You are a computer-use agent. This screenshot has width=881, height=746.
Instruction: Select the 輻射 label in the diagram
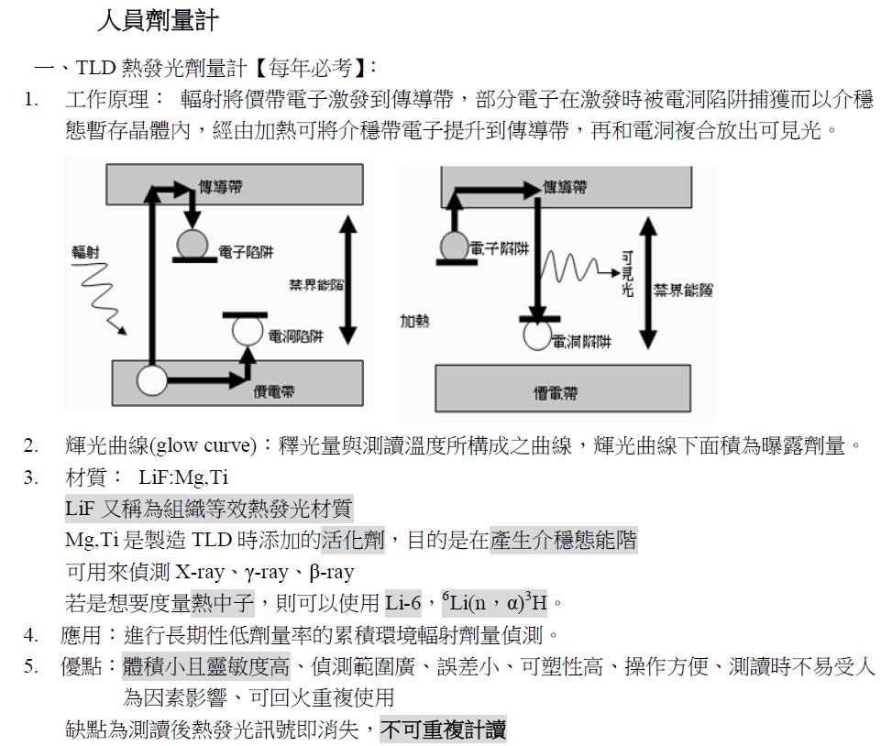[86, 251]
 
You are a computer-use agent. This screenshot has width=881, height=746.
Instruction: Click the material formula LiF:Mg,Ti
[183, 477]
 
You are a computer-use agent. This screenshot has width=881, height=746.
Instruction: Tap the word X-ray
[200, 572]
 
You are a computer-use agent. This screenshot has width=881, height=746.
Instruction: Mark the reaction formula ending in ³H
[494, 602]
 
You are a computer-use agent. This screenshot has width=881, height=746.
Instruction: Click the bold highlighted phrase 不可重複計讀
[443, 730]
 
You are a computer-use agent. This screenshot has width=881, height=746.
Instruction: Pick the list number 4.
[31, 634]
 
